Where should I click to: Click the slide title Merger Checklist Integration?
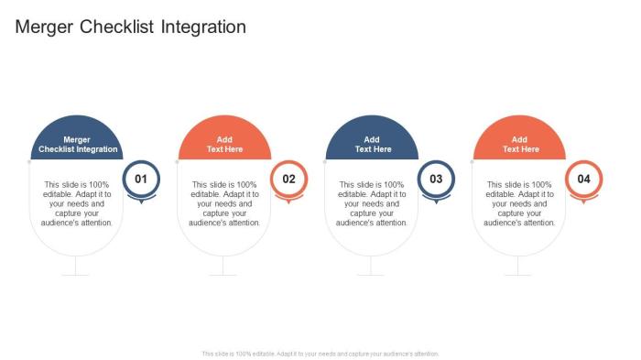131,27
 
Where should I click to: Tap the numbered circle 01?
141,179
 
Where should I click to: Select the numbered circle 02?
288,179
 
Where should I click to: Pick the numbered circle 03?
436,179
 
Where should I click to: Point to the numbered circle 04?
583,179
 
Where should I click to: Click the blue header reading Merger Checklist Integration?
77,144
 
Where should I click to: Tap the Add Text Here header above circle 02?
224,144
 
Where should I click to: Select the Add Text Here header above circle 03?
372,144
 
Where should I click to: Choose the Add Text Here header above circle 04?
519,144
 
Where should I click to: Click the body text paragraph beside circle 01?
77,203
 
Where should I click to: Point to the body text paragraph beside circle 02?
224,203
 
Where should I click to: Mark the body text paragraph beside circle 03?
372,203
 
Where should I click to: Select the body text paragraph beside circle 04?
519,203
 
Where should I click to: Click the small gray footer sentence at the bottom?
320,353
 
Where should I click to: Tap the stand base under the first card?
76,273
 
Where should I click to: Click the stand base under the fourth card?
518,273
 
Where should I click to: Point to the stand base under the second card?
223,273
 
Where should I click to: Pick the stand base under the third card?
371,273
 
